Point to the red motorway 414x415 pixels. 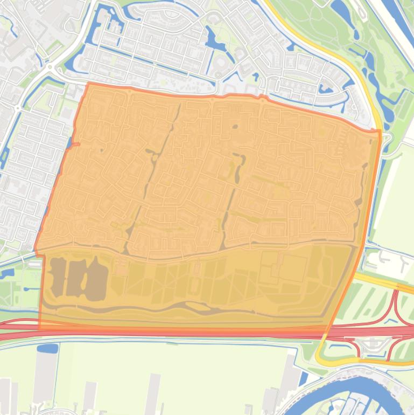(162, 330)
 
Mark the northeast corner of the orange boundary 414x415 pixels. (379, 131)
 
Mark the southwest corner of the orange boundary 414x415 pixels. (39, 327)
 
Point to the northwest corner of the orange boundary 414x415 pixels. (87, 84)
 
